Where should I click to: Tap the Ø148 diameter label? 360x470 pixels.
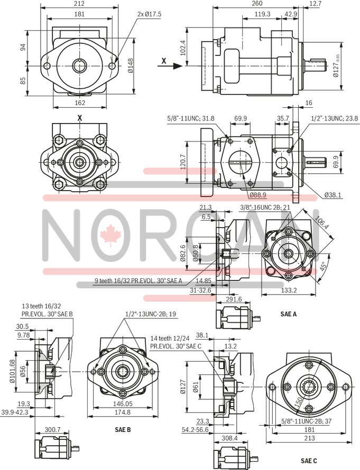click(131, 65)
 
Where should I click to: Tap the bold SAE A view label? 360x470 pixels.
click(288, 314)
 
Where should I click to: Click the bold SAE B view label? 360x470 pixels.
click(123, 429)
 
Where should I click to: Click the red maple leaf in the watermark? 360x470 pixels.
click(111, 236)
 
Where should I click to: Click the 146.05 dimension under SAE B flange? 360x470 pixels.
click(122, 402)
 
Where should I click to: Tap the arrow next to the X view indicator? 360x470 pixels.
click(176, 67)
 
